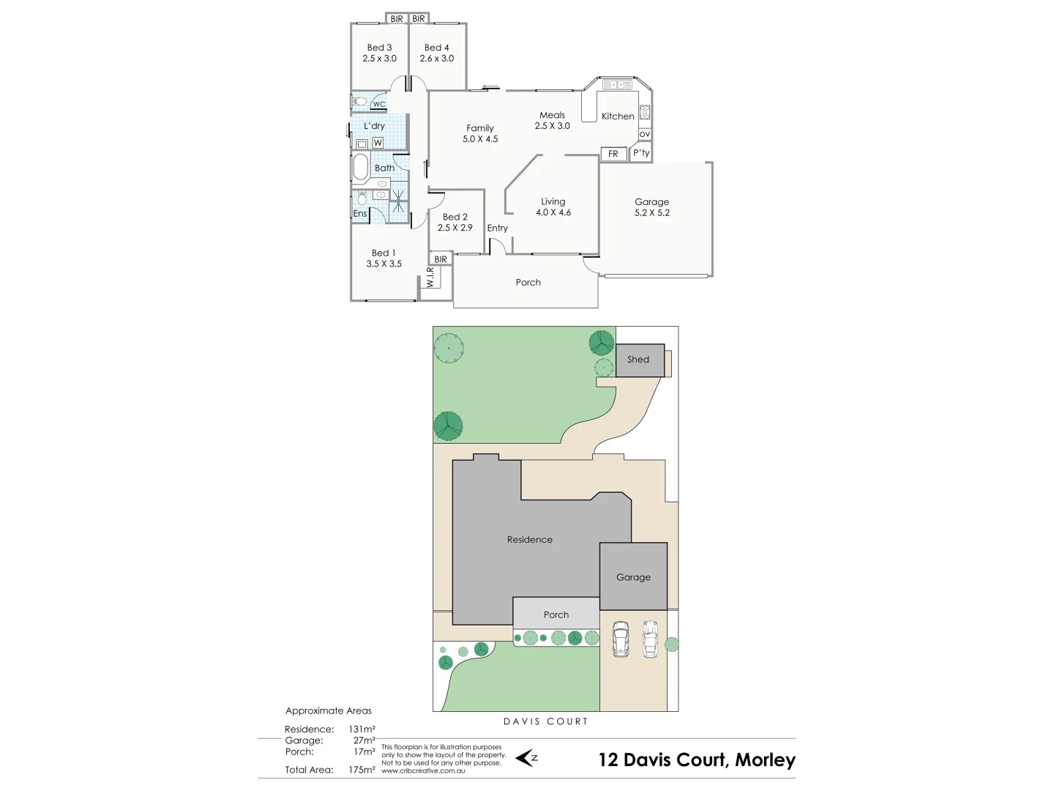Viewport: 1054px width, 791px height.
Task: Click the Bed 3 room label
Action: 379,48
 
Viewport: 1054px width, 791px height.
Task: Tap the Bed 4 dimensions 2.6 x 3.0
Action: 436,59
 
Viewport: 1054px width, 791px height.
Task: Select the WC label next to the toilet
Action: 379,105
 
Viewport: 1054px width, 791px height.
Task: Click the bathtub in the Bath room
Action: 360,167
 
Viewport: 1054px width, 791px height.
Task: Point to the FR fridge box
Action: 613,154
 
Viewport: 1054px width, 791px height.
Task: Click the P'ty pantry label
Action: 641,153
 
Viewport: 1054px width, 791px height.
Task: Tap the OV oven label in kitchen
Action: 644,135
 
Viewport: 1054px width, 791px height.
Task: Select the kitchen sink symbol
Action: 617,85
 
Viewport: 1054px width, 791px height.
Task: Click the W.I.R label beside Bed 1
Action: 431,276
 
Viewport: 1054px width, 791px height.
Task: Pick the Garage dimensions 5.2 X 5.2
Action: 651,213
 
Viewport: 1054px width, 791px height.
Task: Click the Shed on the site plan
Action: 639,360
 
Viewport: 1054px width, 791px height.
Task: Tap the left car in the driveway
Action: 621,639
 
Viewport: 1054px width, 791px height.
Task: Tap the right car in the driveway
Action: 650,639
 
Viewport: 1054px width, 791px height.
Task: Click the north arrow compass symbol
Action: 526,758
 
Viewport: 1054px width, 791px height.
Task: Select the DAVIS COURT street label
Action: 545,721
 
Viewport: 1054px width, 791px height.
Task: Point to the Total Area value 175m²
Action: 362,770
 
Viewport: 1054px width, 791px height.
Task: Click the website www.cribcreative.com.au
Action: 423,770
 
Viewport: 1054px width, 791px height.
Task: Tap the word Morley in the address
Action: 765,760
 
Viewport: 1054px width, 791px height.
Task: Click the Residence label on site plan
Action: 530,540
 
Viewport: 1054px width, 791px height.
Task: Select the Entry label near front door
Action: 497,229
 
